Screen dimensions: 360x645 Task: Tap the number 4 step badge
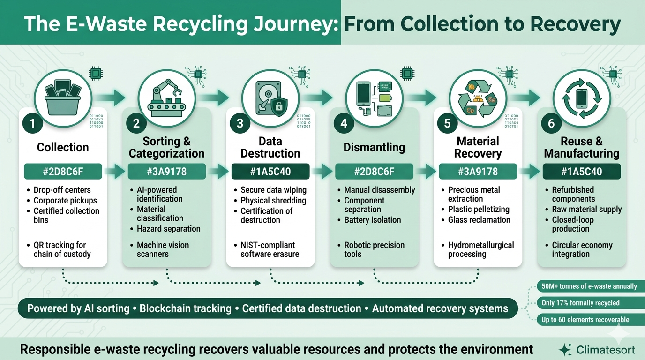pyautogui.click(x=344, y=123)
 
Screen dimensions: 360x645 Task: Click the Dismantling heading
pyautogui.click(x=374, y=147)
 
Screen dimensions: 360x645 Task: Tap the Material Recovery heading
pyautogui.click(x=478, y=147)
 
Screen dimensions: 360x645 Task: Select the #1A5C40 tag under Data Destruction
pyautogui.click(x=270, y=172)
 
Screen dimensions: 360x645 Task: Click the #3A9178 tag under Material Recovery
pyautogui.click(x=478, y=172)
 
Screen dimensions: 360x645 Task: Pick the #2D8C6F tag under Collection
pyautogui.click(x=63, y=172)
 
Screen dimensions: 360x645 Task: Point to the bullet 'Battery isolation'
pyautogui.click(x=373, y=220)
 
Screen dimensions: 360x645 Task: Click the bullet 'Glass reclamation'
pyautogui.click(x=479, y=220)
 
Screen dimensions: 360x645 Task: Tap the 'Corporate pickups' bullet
pyautogui.click(x=65, y=201)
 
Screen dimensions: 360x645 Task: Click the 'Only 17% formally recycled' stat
pyautogui.click(x=580, y=303)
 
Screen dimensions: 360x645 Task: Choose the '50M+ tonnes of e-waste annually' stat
pyautogui.click(x=589, y=286)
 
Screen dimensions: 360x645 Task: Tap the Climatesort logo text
pyautogui.click(x=605, y=350)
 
